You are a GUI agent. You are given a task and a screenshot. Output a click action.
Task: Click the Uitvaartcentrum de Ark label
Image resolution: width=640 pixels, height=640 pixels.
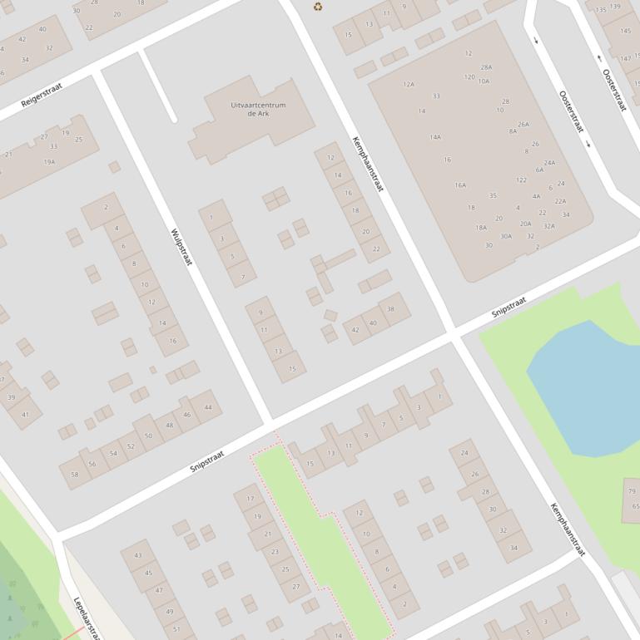(x=258, y=109)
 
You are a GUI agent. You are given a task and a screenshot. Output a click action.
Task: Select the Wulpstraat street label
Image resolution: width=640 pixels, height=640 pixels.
(x=181, y=247)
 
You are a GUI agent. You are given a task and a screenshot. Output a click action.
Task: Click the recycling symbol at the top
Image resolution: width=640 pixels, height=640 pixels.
(x=318, y=7)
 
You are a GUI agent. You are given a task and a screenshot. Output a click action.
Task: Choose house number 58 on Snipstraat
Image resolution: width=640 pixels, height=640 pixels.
(x=75, y=474)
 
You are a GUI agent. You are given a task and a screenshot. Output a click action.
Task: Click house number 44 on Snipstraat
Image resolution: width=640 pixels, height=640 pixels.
(x=207, y=407)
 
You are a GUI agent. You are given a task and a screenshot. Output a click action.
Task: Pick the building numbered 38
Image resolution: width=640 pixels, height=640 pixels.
(x=391, y=309)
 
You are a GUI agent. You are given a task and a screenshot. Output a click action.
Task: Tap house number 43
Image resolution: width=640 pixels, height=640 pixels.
(x=137, y=555)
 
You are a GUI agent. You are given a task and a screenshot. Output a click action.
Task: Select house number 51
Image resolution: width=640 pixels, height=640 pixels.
(x=176, y=629)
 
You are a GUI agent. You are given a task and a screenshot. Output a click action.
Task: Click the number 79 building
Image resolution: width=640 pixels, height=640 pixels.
(x=632, y=491)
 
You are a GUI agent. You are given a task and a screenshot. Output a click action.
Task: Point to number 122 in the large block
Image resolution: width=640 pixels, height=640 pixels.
(x=521, y=180)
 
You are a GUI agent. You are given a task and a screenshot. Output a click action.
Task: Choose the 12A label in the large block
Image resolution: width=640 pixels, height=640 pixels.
(x=409, y=84)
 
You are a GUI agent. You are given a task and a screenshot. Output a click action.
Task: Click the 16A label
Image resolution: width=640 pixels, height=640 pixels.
(x=460, y=185)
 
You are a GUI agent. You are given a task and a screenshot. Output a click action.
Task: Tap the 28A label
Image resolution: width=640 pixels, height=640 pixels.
(x=486, y=67)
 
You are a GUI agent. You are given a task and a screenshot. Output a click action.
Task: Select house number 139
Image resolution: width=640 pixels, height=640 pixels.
(x=615, y=7)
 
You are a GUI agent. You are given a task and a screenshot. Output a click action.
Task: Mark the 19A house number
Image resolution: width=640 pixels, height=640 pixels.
(x=49, y=162)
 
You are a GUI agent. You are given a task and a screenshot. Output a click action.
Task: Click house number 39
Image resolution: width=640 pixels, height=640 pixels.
(x=12, y=397)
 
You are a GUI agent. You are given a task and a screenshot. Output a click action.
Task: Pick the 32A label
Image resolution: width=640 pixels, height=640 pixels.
(x=549, y=226)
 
